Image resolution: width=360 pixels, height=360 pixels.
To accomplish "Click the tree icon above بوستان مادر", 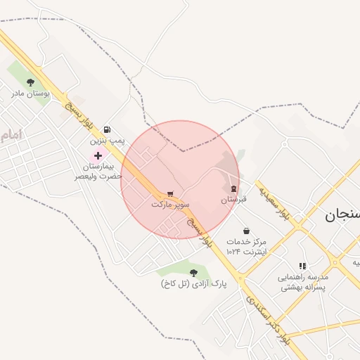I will pos(30,82).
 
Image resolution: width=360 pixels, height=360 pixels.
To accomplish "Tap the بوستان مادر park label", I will pos(30,93).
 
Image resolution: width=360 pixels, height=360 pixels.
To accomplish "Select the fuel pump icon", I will pos(106,129).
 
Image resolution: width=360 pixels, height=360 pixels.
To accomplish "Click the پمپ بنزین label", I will pos(107,141).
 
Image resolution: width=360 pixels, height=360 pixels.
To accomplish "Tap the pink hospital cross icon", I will pos(98,155).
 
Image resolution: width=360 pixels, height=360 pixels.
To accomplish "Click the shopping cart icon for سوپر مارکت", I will pos(170,193).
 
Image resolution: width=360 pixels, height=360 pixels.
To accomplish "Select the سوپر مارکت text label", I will pos(170,204).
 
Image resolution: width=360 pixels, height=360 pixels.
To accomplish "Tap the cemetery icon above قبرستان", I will pos(233,188).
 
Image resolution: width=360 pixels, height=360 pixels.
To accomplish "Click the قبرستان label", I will pos(233,200).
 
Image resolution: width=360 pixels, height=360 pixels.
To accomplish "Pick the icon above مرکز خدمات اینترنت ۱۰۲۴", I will pos(246,230).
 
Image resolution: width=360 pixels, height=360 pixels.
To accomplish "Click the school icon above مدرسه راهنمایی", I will pos(302,266).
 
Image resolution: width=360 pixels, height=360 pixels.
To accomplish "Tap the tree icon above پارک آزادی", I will pos(193,272).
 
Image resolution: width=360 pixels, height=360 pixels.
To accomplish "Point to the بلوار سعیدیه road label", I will pos(274,202).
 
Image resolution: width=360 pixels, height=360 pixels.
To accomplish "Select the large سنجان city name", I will pos(342,215).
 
